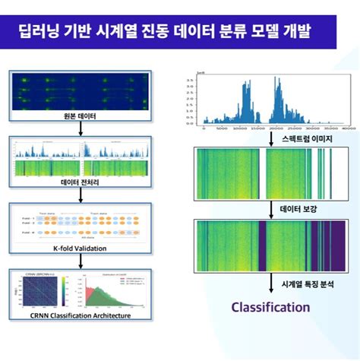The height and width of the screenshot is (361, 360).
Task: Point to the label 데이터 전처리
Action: pyautogui.click(x=80, y=183)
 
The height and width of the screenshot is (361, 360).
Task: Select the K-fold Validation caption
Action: pyautogui.click(x=80, y=249)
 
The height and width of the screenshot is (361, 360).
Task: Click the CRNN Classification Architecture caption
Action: pyautogui.click(x=80, y=315)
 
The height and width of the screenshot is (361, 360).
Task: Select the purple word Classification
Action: pyautogui.click(x=271, y=307)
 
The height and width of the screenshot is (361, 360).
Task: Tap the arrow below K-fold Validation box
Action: pyautogui.click(x=80, y=259)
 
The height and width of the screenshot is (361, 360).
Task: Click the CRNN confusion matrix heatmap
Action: pyautogui.click(x=40, y=290)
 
